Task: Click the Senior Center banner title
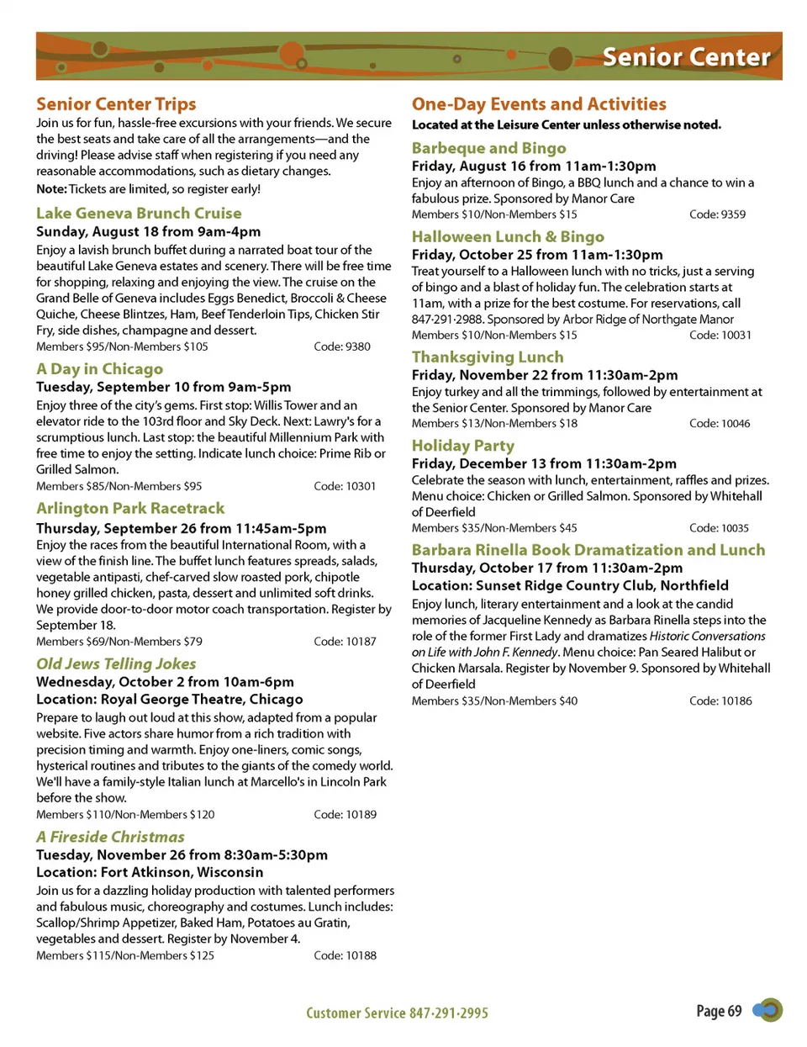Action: (686, 57)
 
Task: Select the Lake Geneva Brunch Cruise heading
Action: (139, 214)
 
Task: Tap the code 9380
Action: (342, 346)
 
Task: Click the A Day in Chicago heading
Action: (100, 369)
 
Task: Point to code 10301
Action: (345, 486)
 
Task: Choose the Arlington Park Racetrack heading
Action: (130, 509)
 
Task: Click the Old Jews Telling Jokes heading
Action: (116, 664)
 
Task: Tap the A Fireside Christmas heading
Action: (110, 838)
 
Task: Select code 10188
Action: (345, 955)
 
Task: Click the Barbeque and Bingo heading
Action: (488, 149)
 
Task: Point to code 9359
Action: (717, 214)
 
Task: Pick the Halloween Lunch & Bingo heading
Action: (508, 237)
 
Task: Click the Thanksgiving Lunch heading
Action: (488, 357)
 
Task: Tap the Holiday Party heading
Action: (462, 446)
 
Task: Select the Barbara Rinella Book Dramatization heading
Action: (588, 550)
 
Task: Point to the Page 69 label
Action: (719, 1011)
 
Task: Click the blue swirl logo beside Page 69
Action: (767, 1010)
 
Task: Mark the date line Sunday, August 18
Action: (148, 232)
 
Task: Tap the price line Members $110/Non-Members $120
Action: (125, 815)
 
